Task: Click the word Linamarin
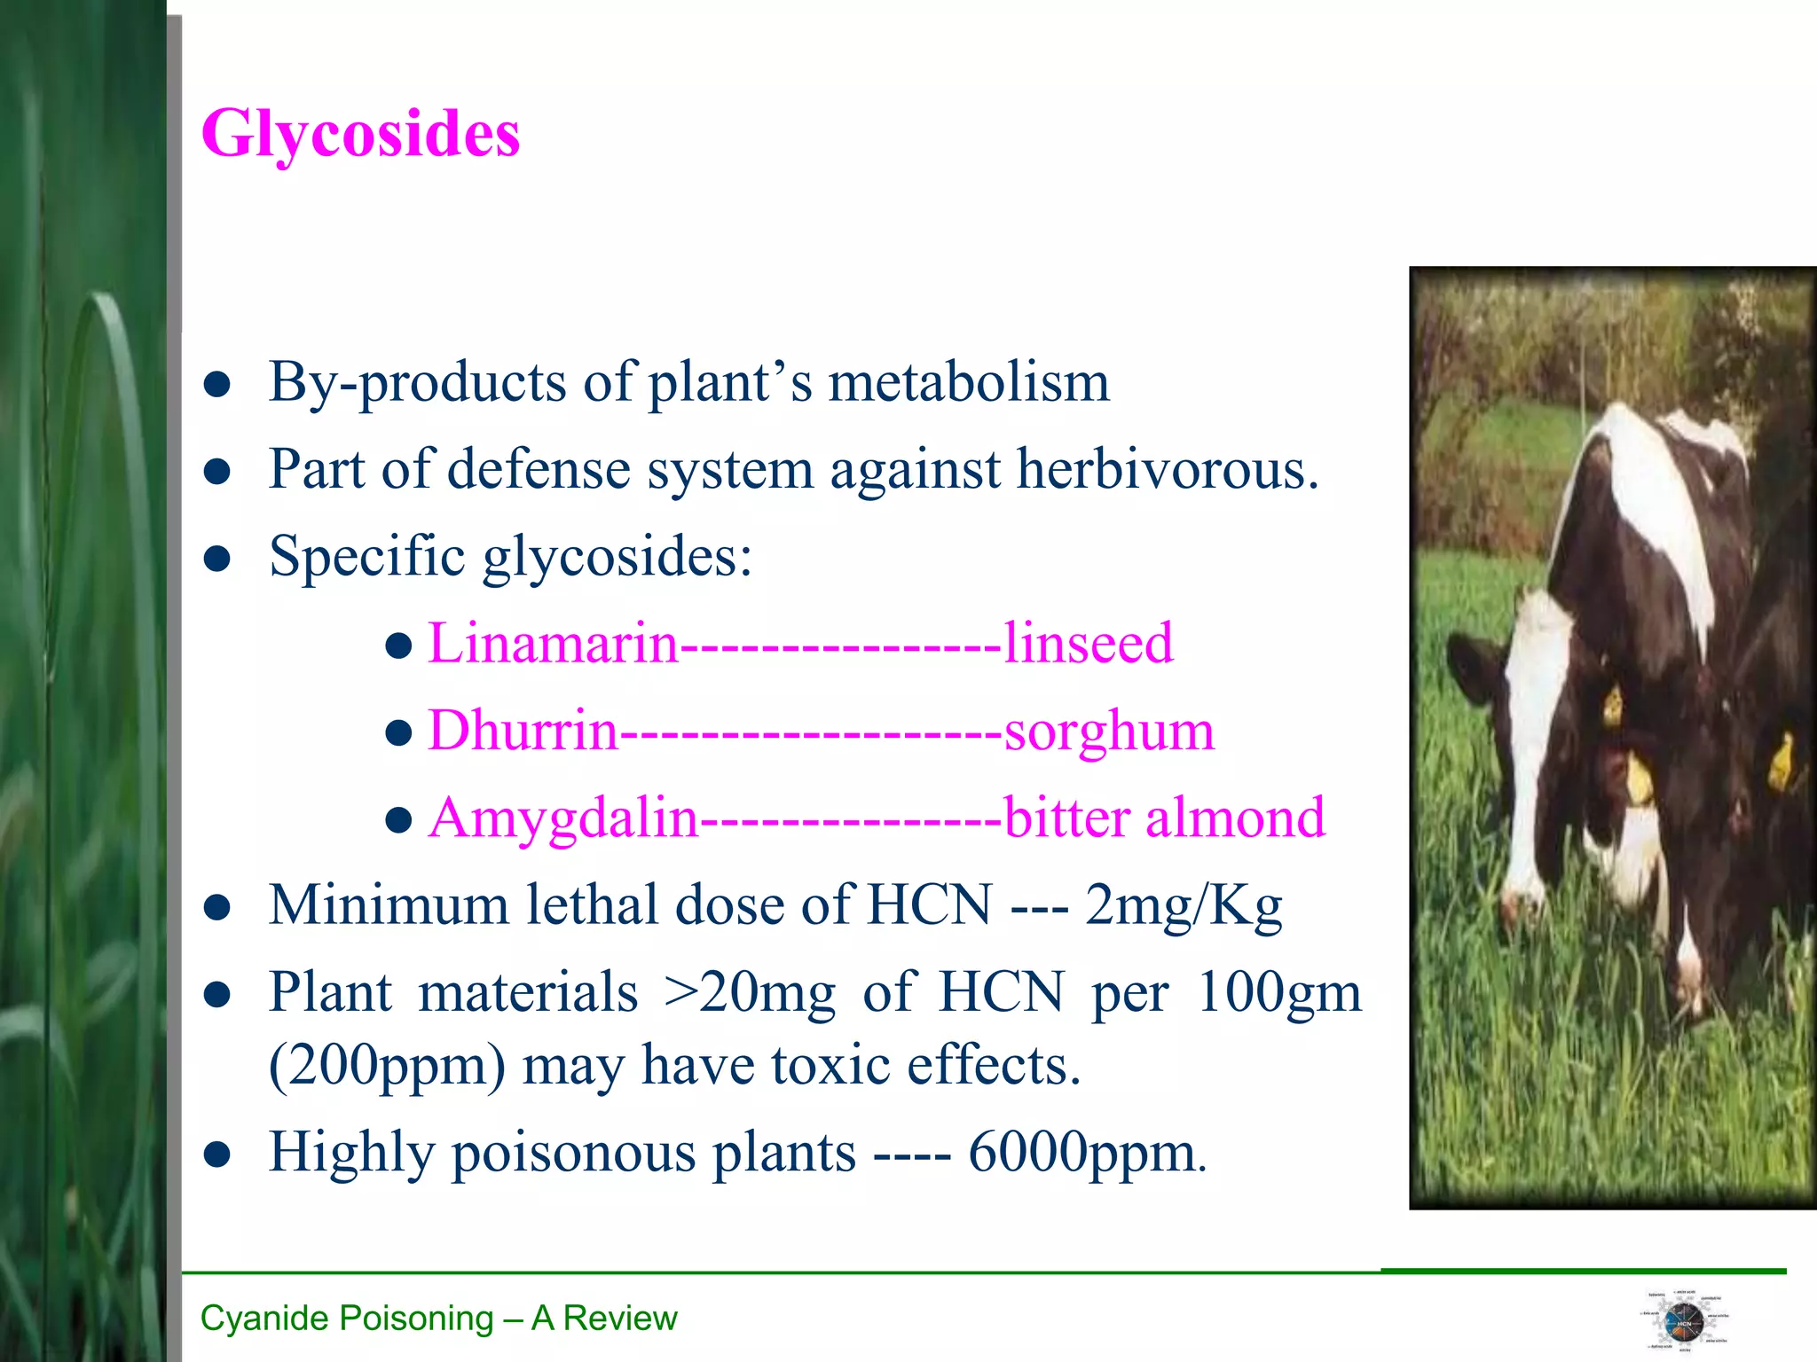[x=553, y=643]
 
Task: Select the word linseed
[x=1088, y=643]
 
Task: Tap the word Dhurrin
[x=523, y=731]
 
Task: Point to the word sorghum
[x=1108, y=732]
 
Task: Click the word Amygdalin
[x=563, y=818]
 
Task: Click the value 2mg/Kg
[x=1184, y=905]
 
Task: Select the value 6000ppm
[x=1086, y=1153]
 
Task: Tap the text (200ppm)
[x=387, y=1065]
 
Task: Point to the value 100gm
[x=1278, y=992]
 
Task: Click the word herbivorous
[x=1167, y=469]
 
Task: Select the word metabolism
[x=968, y=382]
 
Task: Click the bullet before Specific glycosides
[x=217, y=559]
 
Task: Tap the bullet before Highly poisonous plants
[x=217, y=1155]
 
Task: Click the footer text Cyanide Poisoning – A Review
[x=438, y=1319]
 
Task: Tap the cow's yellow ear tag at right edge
[x=1781, y=763]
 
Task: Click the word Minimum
[x=389, y=905]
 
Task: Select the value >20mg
[x=750, y=992]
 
